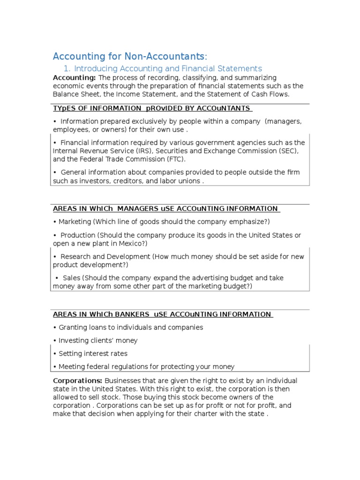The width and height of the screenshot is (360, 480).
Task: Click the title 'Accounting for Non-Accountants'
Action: pyautogui.click(x=129, y=57)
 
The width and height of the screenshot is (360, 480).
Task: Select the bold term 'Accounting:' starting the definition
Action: pyautogui.click(x=74, y=77)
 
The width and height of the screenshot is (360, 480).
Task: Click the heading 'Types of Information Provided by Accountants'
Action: pyautogui.click(x=152, y=108)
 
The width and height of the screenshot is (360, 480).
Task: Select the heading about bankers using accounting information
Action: pyautogui.click(x=163, y=315)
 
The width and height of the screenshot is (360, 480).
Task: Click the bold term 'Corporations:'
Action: pyautogui.click(x=77, y=380)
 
